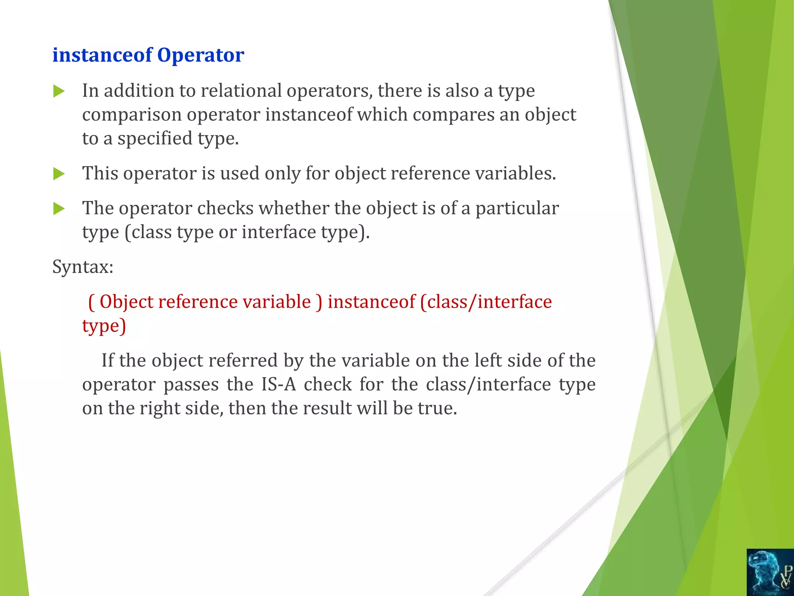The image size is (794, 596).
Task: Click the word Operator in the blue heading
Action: pos(200,55)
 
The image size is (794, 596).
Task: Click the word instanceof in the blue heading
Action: pos(102,55)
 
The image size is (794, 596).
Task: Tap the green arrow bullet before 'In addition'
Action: pos(59,92)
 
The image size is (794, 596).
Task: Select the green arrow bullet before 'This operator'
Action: pos(59,174)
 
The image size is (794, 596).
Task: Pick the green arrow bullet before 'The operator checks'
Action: pos(59,209)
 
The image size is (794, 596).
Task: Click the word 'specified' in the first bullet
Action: pos(155,139)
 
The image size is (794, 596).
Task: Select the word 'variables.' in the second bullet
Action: pos(516,173)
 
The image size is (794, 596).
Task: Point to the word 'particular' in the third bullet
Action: pos(517,209)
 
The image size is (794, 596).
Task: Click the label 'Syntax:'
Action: pos(83,267)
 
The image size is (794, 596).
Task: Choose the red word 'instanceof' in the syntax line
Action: pos(371,302)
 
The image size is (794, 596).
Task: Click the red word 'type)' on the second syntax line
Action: pos(104,326)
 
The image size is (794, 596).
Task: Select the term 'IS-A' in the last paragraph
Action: pos(278,385)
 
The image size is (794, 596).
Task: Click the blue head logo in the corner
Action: pos(770,572)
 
